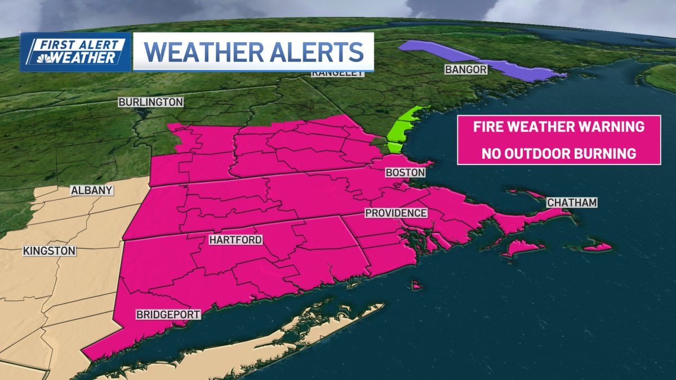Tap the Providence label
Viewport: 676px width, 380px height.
[x=396, y=213]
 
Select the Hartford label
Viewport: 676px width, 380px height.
[x=235, y=240]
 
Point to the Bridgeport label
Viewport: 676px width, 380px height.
[x=168, y=315]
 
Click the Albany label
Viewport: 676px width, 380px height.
[x=91, y=191]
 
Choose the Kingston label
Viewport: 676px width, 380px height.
[x=50, y=251]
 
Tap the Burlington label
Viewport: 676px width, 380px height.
[x=150, y=102]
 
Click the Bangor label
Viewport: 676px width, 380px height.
[x=465, y=69]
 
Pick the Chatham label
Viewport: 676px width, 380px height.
[x=572, y=202]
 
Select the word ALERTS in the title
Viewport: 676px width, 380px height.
[x=315, y=52]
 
